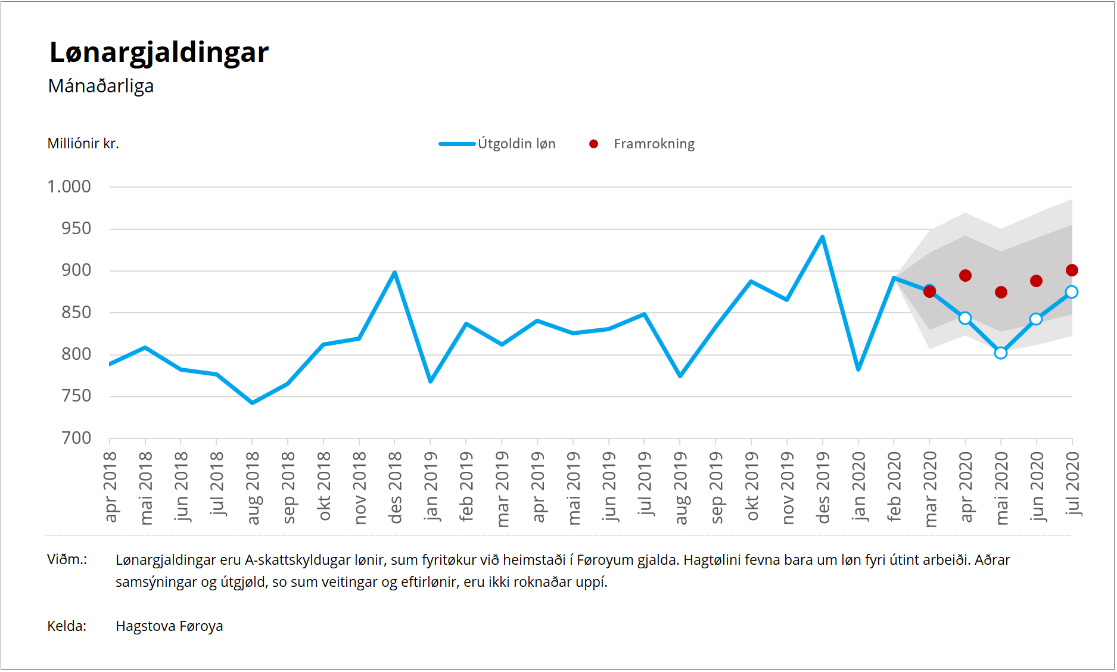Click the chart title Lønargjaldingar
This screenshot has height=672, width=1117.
click(x=159, y=52)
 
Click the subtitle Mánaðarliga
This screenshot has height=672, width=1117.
click(x=101, y=86)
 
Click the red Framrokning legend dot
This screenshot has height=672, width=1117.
click(x=593, y=144)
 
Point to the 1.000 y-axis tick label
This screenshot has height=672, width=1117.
click(x=69, y=186)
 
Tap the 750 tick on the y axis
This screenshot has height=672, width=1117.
click(x=76, y=396)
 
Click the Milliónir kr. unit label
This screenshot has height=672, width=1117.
click(x=83, y=144)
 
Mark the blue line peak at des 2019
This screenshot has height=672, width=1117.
click(x=822, y=237)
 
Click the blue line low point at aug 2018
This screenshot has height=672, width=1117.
click(x=252, y=403)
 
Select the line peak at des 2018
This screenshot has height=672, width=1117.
click(x=394, y=273)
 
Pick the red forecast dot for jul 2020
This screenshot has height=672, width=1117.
click(x=1072, y=270)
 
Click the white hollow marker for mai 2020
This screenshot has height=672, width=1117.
click(x=1001, y=353)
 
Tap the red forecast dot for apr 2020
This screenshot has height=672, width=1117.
click(x=965, y=276)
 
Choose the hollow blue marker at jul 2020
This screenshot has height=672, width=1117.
click(x=1072, y=292)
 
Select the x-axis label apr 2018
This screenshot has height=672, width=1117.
click(x=110, y=487)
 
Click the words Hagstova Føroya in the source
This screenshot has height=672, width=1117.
click(x=169, y=626)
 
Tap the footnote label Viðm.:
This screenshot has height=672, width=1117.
click(x=67, y=559)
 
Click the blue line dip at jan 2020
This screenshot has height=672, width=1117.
click(x=858, y=369)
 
